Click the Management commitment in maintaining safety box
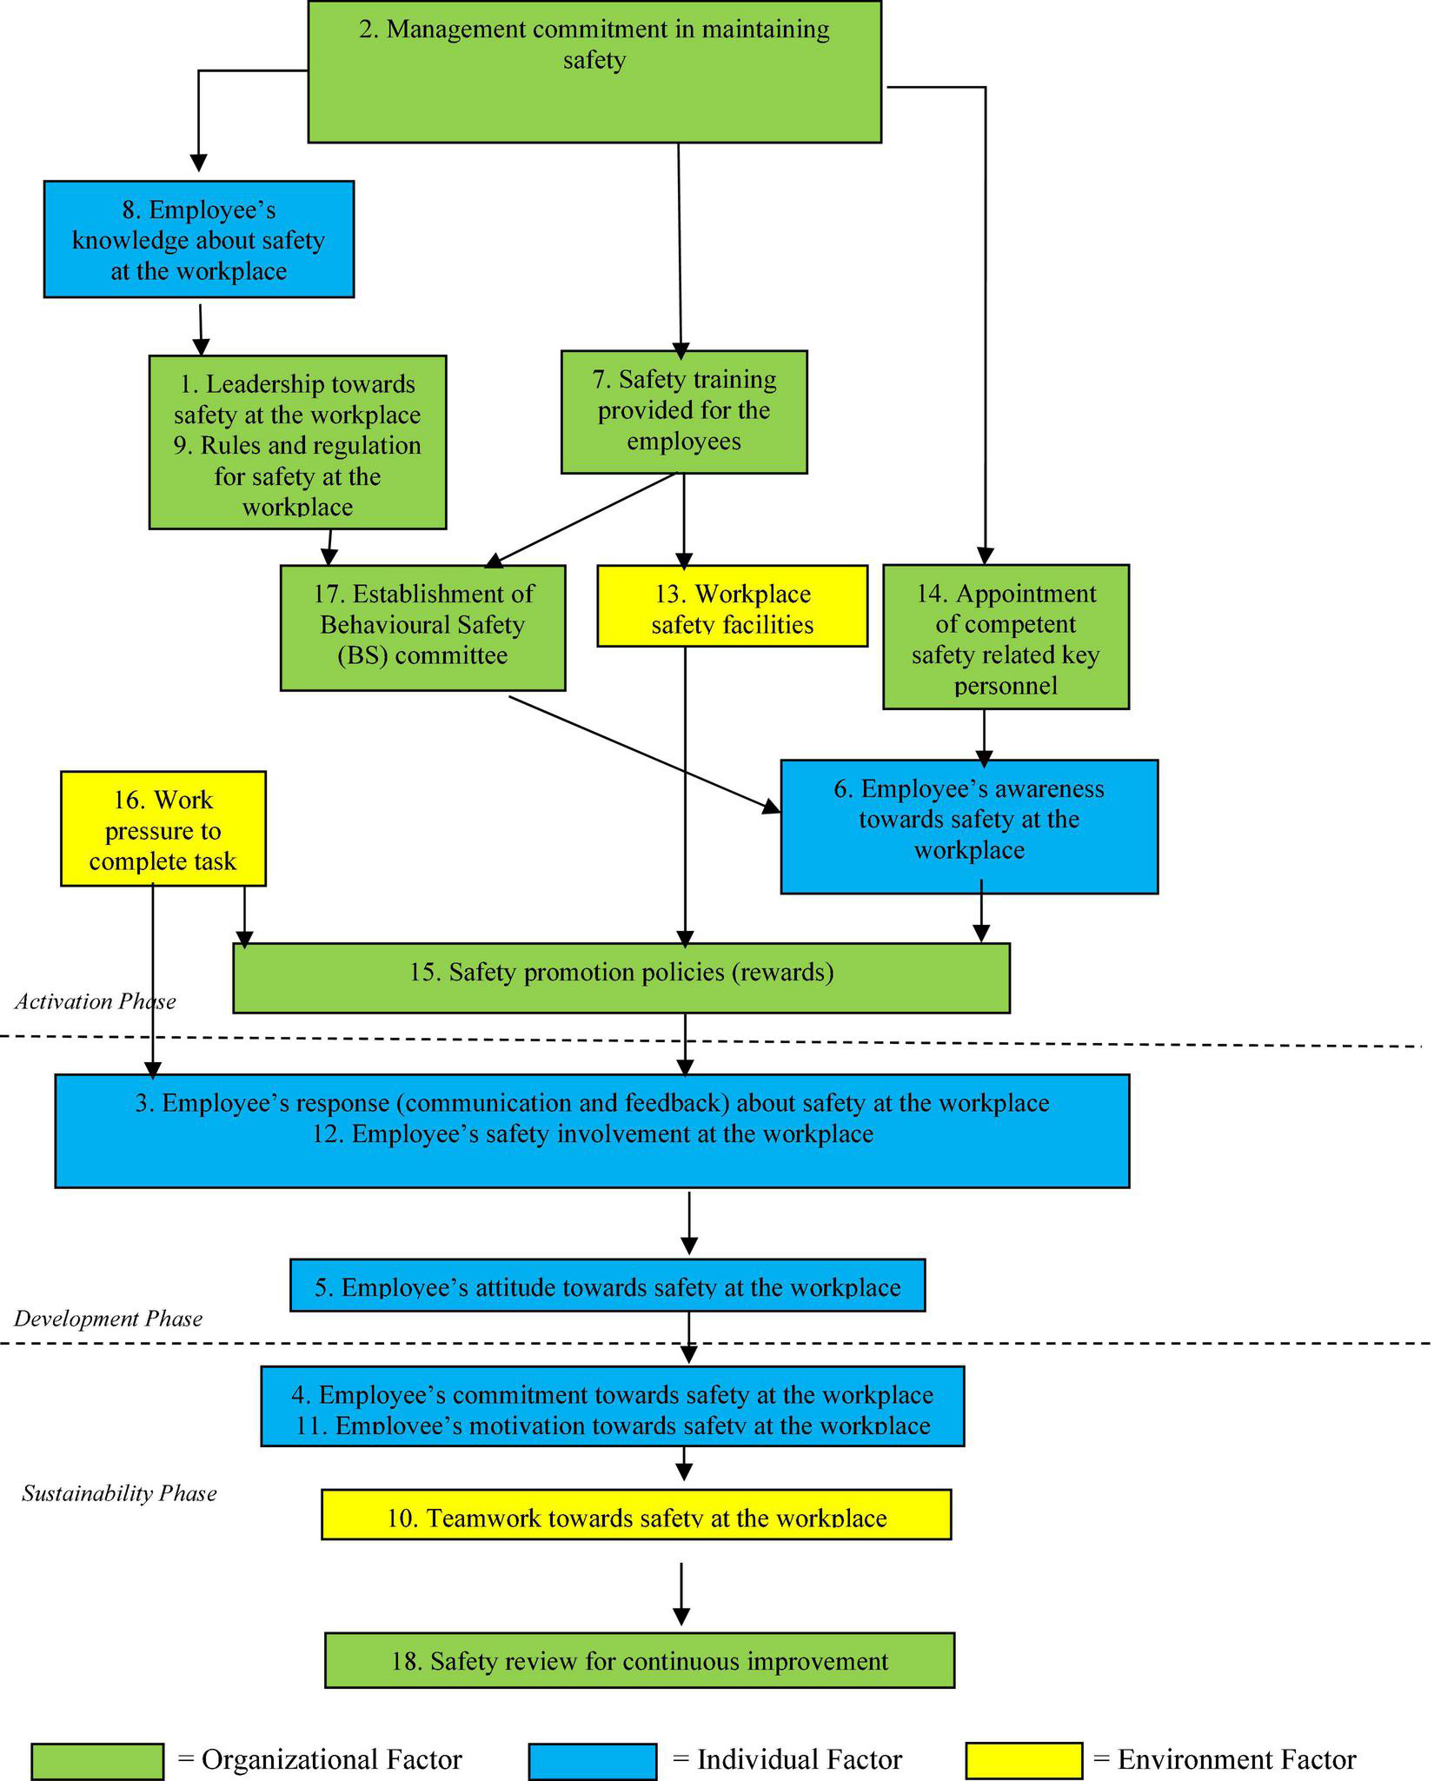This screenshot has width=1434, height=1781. pyautogui.click(x=594, y=71)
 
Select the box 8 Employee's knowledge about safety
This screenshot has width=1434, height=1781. pyautogui.click(x=198, y=239)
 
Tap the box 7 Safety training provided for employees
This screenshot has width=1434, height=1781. pyautogui.click(x=684, y=411)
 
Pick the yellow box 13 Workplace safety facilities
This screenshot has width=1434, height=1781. pyautogui.click(x=732, y=607)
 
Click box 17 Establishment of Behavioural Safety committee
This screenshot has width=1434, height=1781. pyautogui.click(x=422, y=628)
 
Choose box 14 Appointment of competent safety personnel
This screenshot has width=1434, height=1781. pyautogui.click(x=1006, y=637)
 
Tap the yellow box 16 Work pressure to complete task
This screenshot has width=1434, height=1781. pyautogui.click(x=163, y=828)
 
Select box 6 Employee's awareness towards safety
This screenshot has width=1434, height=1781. pyautogui.click(x=969, y=826)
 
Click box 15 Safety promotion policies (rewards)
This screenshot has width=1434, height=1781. pyautogui.click(x=621, y=977)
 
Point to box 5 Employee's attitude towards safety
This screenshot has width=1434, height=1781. pyautogui.click(x=607, y=1285)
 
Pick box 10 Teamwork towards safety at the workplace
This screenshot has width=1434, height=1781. pyautogui.click(x=636, y=1514)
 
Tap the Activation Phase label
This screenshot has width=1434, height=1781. pyautogui.click(x=96, y=1001)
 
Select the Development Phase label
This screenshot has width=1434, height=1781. pyautogui.click(x=108, y=1319)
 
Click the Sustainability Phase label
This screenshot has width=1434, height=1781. pyautogui.click(x=119, y=1493)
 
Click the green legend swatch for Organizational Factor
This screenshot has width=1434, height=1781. pyautogui.click(x=97, y=1761)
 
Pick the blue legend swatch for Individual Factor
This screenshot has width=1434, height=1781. pyautogui.click(x=592, y=1761)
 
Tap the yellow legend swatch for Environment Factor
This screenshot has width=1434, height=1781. pyautogui.click(x=1024, y=1760)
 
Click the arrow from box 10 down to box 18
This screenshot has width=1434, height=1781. pyautogui.click(x=681, y=1592)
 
